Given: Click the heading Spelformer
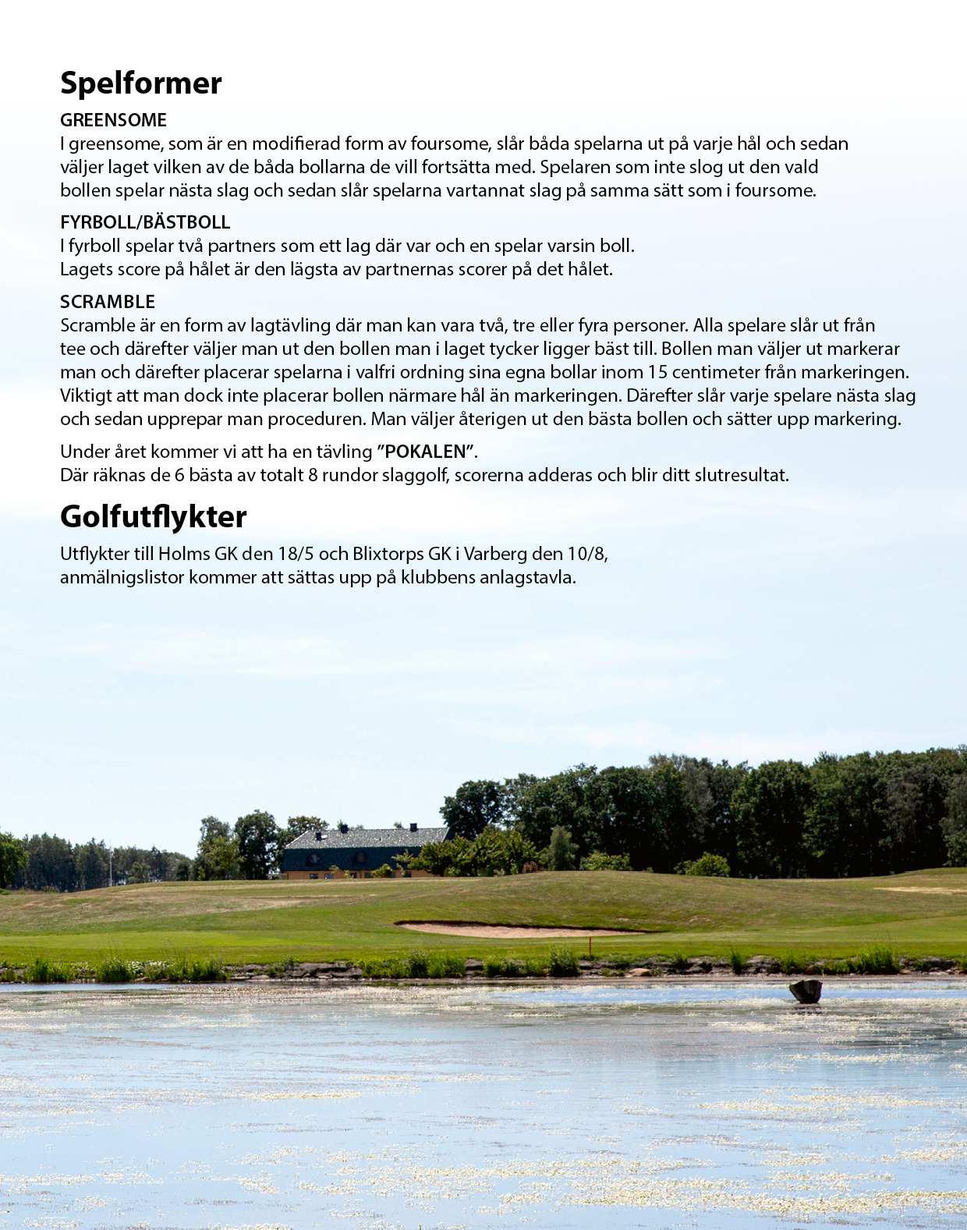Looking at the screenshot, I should [141, 83].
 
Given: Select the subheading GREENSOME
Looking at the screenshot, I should [113, 120].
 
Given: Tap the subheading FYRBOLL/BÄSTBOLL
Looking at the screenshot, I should [145, 222].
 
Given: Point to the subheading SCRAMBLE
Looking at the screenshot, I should [108, 302].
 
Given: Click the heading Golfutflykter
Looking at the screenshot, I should [154, 517].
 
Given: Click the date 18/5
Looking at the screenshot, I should [296, 554].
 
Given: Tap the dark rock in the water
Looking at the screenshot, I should [806, 991].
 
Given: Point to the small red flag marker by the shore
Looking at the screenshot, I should [590, 945].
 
